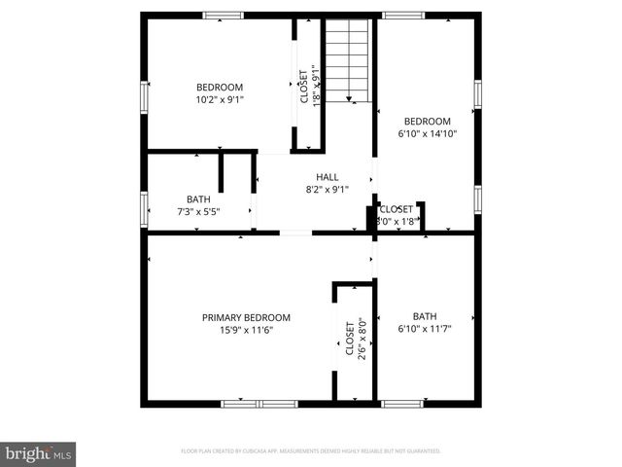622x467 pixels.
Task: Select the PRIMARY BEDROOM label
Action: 246,317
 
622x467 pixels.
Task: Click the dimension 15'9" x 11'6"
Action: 246,330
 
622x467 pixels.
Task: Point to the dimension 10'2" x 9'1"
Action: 220,98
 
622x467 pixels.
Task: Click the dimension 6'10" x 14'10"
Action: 428,133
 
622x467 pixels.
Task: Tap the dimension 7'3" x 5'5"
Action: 198,211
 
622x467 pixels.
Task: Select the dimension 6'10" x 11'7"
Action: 425,328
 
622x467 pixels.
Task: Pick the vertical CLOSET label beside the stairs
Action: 303,86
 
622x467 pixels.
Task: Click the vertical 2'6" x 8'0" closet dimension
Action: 362,340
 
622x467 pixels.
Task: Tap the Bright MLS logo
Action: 39,453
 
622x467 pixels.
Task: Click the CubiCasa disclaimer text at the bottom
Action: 311,451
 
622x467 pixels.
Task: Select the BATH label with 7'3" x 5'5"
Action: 198,198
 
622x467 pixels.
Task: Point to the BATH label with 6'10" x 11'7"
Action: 425,315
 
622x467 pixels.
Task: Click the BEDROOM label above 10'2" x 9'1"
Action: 220,86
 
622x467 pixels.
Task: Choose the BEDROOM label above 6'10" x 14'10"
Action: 428,121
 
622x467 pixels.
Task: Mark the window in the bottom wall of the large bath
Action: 401,403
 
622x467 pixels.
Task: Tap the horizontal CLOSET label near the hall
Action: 396,208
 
